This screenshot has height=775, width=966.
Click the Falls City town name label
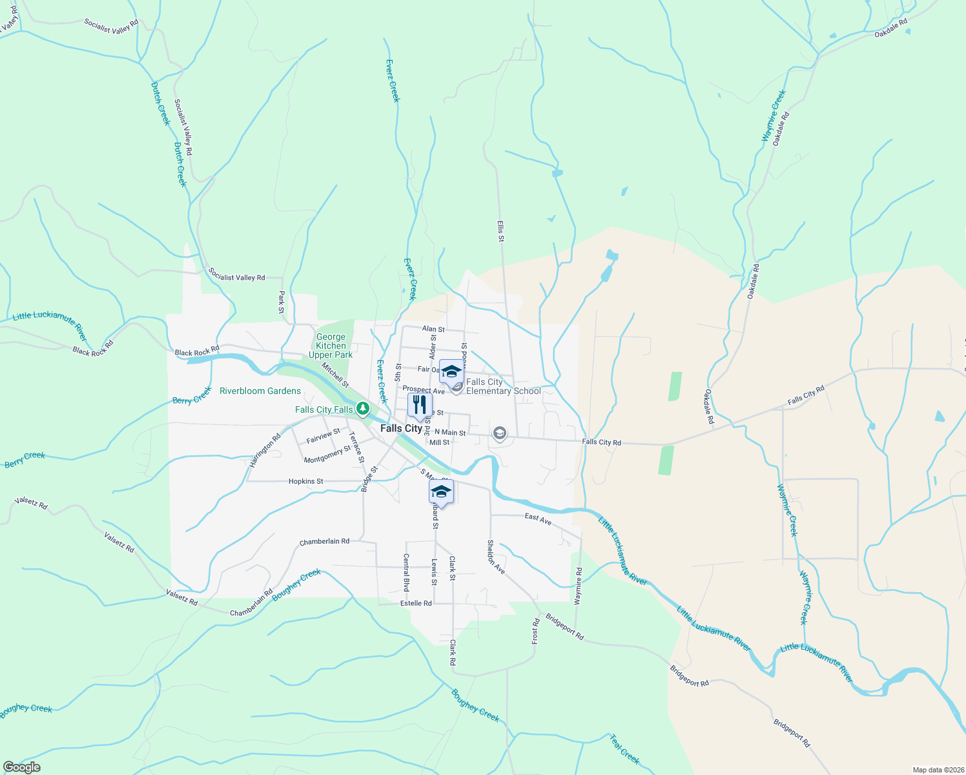tap(401, 428)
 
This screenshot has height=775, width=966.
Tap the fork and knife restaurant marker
tap(420, 406)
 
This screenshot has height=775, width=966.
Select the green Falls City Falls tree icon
tap(363, 408)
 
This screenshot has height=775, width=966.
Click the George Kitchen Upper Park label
tap(331, 346)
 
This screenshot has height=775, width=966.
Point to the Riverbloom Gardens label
tap(260, 391)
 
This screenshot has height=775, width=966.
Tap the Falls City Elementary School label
tap(503, 386)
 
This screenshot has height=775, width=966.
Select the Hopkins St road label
tap(305, 481)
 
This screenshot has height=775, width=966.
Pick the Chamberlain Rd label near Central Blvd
tap(324, 541)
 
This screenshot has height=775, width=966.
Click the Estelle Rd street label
tap(416, 603)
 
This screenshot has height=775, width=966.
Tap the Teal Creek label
tap(624, 749)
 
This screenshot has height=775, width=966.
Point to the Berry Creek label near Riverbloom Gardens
tap(192, 396)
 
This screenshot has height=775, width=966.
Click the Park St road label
tap(282, 302)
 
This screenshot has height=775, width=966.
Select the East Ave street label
tap(538, 519)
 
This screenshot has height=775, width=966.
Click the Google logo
tap(22, 767)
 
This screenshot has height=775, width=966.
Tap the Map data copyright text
tap(937, 770)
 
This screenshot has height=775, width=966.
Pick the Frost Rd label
tap(535, 631)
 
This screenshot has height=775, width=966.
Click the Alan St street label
tap(433, 329)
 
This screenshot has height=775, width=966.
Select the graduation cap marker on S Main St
tap(441, 492)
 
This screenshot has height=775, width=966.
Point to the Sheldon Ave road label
tap(496, 557)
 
